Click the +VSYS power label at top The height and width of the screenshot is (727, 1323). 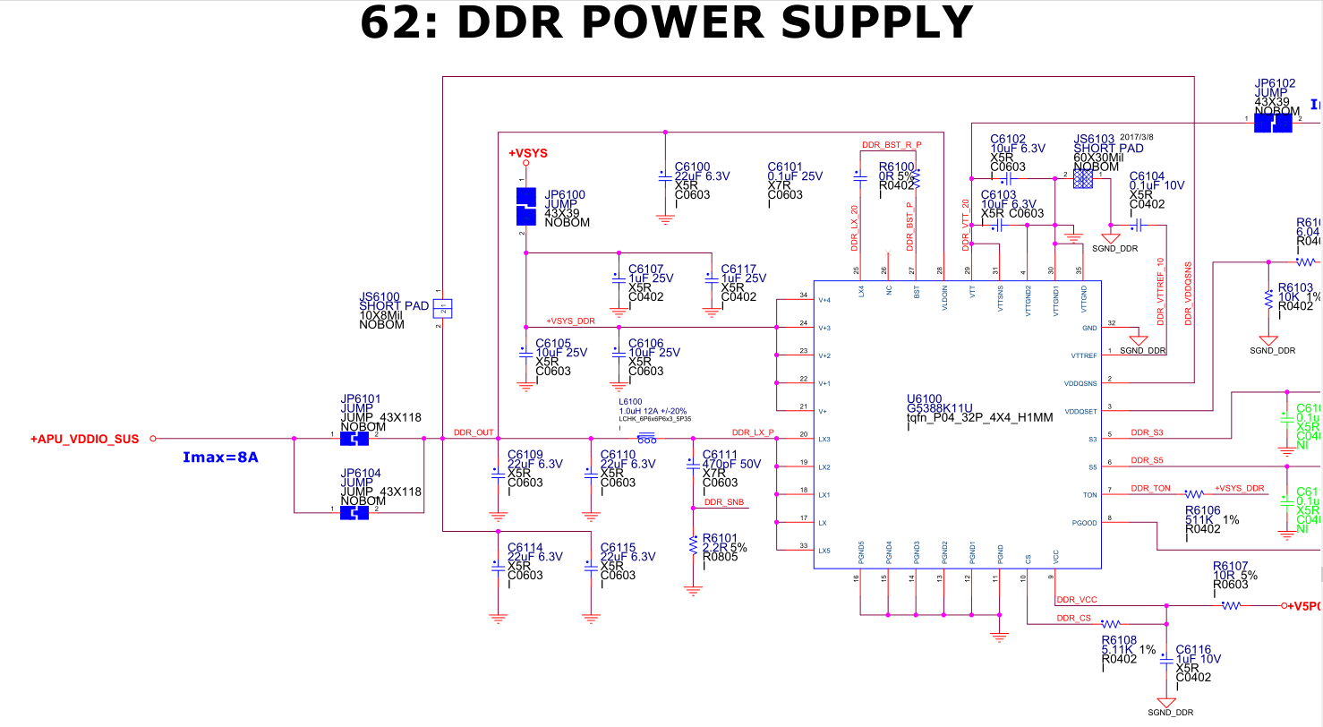point(528,153)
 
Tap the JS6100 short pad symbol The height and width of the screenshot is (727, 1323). point(442,308)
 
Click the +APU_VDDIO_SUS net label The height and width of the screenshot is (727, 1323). point(84,439)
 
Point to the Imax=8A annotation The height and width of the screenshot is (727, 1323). point(221,458)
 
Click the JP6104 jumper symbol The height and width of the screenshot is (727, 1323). point(355,513)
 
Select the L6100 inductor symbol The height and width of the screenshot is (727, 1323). point(645,439)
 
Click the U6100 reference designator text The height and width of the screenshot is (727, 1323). point(924,398)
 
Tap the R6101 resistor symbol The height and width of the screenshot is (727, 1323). point(692,543)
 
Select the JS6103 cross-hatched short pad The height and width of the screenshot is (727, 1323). point(1083,180)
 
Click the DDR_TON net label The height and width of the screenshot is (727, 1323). point(1150,488)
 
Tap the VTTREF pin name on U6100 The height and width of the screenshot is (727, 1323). point(1083,355)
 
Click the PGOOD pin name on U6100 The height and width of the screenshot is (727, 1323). point(1083,523)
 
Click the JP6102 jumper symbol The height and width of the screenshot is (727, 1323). point(1272,124)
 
